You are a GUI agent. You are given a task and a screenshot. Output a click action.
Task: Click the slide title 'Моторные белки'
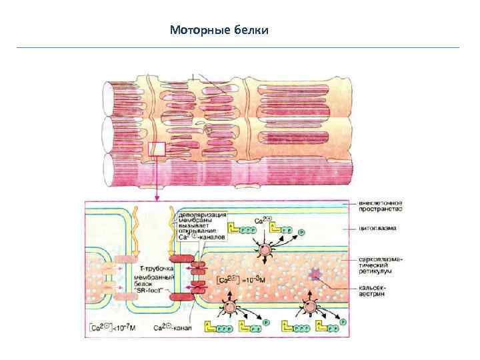219,30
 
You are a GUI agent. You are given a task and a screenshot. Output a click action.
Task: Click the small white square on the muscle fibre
157,149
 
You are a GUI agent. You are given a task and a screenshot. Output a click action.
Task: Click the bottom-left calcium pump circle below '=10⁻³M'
231,306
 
